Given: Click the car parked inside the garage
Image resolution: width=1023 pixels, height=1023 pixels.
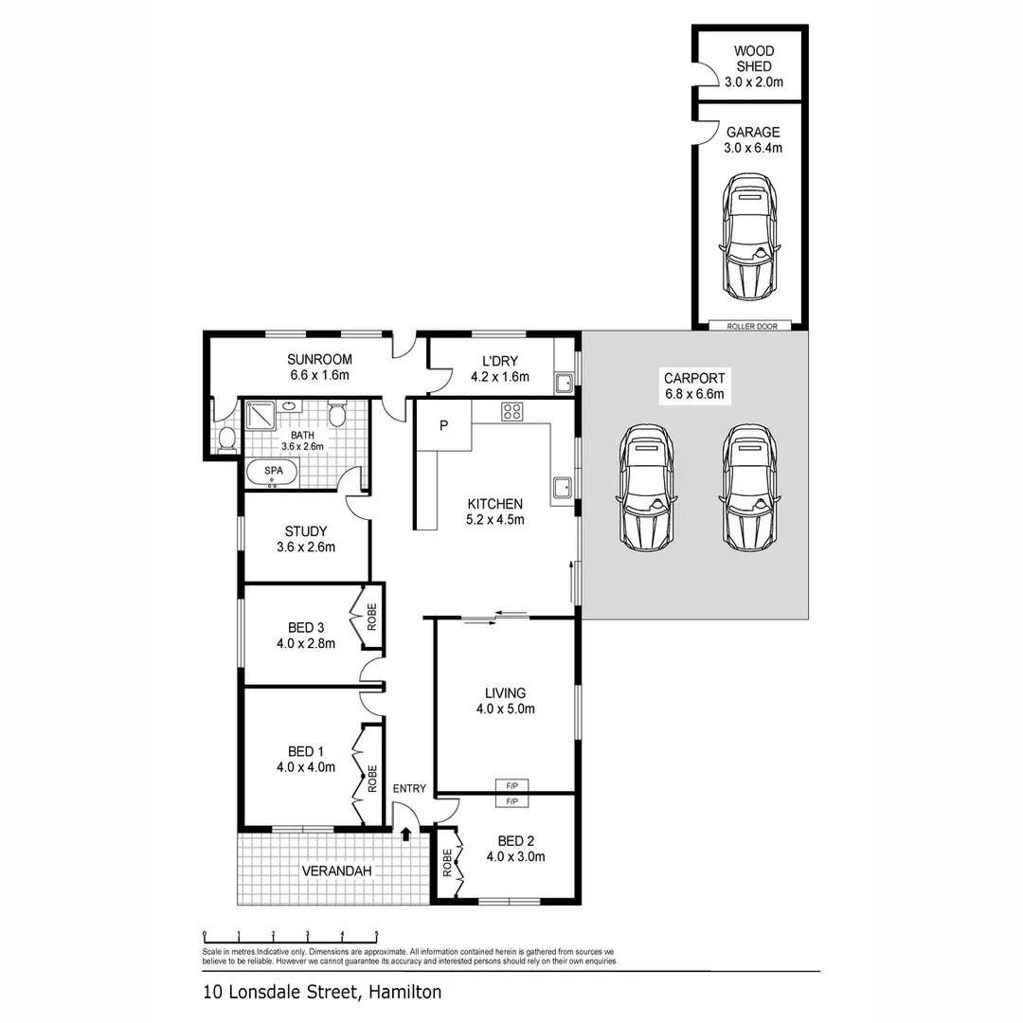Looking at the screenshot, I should coord(752,235).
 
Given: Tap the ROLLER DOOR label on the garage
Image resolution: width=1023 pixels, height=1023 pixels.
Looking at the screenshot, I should coord(751,326).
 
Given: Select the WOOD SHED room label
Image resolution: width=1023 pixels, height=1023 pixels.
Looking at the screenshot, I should coord(754,59).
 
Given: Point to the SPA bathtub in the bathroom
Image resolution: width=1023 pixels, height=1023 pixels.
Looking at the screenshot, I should coord(273,472).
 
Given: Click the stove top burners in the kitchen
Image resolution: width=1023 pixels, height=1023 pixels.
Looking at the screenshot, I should coord(512,411).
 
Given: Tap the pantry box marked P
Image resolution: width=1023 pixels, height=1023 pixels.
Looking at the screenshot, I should coord(442,426).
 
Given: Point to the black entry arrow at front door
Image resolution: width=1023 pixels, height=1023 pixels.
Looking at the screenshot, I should coord(406,834).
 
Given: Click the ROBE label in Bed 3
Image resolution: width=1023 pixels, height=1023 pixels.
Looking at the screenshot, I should coord(372,618).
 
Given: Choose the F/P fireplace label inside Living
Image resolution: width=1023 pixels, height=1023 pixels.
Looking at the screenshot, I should coord(512,785).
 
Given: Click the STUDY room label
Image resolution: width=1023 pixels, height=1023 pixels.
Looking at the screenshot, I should coord(305,530).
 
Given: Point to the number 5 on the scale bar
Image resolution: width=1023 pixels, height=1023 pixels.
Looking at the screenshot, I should coord(376,934).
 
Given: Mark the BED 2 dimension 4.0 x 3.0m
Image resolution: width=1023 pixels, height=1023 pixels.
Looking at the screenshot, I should coord(515,857).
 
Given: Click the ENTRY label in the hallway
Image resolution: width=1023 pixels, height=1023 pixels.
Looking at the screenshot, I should coord(410,788).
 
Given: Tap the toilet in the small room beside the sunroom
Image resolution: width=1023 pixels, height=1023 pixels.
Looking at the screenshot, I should coord(225,438).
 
